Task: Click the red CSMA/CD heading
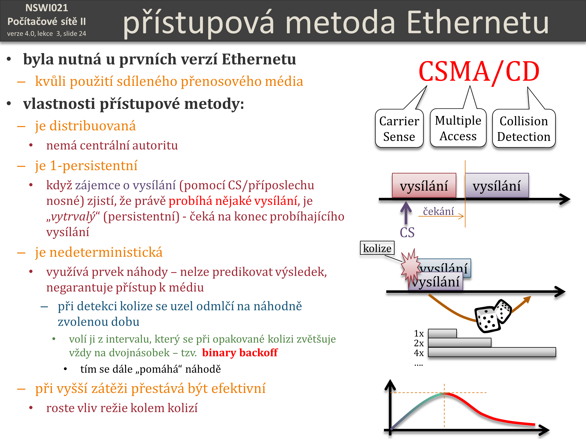click(479, 71)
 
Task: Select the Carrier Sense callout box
click(399, 128)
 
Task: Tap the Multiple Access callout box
click(458, 128)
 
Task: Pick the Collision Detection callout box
click(524, 128)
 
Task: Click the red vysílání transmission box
click(424, 185)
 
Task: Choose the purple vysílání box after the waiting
click(497, 185)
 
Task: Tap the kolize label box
click(377, 248)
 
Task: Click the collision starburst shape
click(410, 268)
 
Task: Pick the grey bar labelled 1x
click(442, 333)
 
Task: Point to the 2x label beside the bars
click(419, 343)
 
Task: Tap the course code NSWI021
click(47, 8)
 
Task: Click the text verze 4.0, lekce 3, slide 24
click(47, 34)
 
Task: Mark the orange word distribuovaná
click(92, 126)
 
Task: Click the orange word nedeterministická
click(106, 252)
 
